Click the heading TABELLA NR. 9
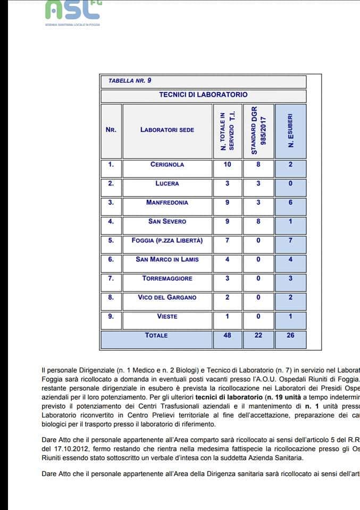[130, 81]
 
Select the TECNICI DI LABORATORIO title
[203, 95]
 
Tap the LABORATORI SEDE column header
[167, 130]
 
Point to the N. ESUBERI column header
[290, 130]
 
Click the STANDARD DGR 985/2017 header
[258, 130]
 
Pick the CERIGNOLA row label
[167, 165]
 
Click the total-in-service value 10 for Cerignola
[227, 165]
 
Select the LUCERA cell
[167, 184]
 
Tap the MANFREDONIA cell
[167, 203]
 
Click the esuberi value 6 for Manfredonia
[290, 203]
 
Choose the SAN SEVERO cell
[167, 222]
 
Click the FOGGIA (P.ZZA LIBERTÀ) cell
[167, 241]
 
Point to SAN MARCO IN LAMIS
[167, 260]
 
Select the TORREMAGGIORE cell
[167, 278]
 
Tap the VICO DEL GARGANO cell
[167, 297]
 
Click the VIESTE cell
[167, 317]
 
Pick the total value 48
[227, 336]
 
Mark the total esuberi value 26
[290, 336]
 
